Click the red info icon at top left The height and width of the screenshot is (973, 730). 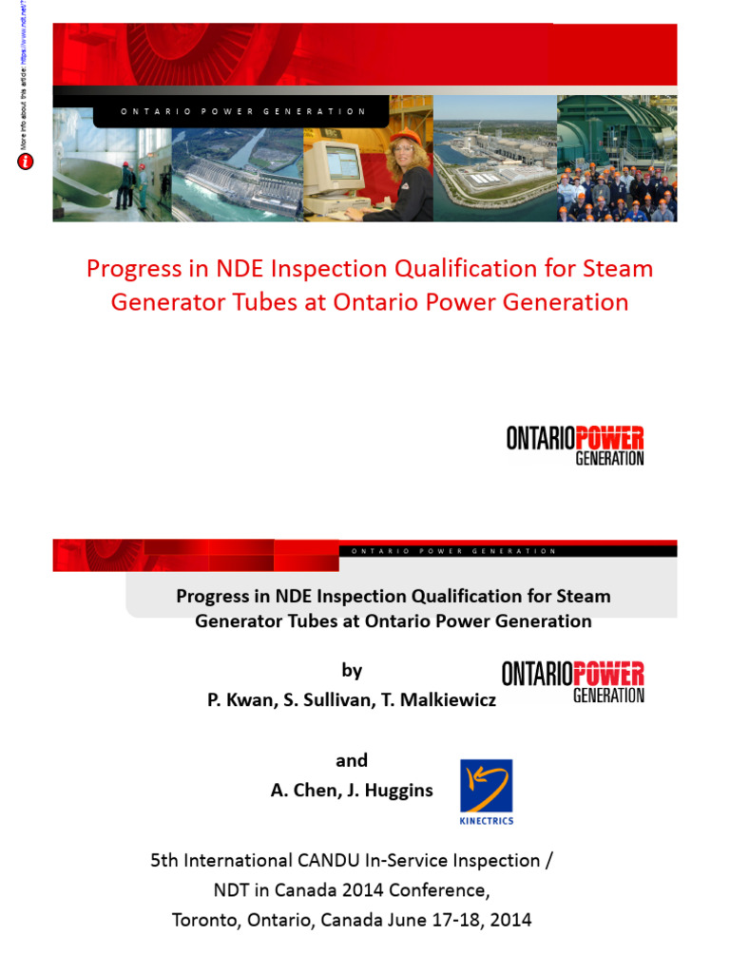26,162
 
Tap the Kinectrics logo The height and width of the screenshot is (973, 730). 486,791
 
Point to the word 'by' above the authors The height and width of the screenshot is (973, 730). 352,671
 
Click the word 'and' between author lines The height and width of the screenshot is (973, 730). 352,760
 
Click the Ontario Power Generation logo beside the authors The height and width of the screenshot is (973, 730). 573,681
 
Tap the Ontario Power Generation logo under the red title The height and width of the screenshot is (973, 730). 575,445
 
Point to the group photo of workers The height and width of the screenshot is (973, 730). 616,190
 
